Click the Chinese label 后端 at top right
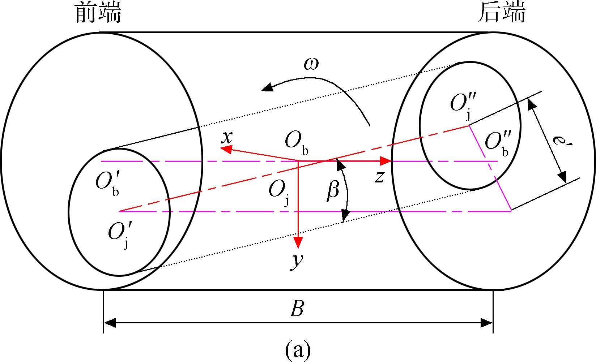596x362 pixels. pos(502,13)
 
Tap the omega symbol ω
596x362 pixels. pos(311,64)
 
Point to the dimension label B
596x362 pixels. pos(297,308)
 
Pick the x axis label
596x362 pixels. pos(227,137)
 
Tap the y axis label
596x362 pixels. pos(297,262)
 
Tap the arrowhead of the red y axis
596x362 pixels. pos(298,243)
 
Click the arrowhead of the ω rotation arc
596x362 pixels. pos(267,87)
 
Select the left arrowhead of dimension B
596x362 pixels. pos(109,323)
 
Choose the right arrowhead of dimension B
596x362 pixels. pos(487,323)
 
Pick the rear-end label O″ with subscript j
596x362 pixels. pos(463,105)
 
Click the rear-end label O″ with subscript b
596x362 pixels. pos(498,144)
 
